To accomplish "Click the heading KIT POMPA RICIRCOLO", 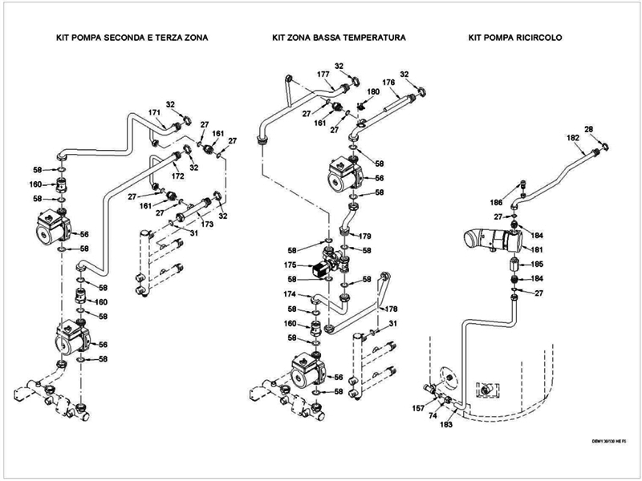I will tap(517, 38).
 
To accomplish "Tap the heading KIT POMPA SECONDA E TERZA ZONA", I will tap(126, 38).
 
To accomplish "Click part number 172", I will tap(177, 176).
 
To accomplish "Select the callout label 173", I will tap(207, 226).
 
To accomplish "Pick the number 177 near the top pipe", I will tap(323, 74).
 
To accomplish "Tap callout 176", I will tap(388, 82).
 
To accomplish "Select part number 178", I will tap(391, 309).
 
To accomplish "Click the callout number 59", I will tap(293, 338).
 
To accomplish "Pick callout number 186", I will tap(497, 203).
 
